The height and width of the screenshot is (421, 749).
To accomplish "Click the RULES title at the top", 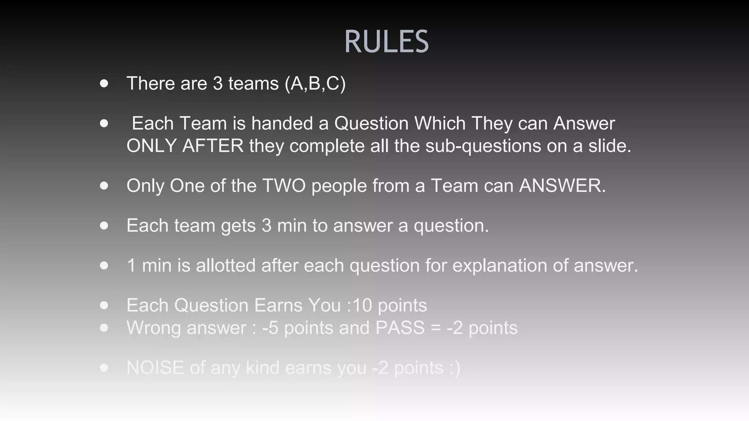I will click(x=386, y=42).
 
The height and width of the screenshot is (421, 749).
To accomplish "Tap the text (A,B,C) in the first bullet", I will click(x=315, y=83).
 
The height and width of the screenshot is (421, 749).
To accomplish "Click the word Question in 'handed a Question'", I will click(x=371, y=123).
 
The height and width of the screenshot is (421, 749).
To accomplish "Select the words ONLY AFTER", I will click(x=185, y=146).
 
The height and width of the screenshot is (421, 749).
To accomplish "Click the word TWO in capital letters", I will click(x=284, y=186).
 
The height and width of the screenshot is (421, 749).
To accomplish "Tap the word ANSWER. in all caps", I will click(x=562, y=186).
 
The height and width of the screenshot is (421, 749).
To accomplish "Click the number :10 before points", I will click(x=359, y=305).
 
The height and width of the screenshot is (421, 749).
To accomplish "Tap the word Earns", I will click(x=278, y=305).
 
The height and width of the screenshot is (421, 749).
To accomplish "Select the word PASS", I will click(x=400, y=328).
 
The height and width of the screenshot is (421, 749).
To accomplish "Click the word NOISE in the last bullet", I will click(x=155, y=368).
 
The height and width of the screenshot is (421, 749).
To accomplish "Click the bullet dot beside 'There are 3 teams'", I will click(x=104, y=83).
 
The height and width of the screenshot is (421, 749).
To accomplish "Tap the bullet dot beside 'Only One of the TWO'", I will click(x=104, y=186).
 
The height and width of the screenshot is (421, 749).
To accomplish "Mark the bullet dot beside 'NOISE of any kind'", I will click(x=104, y=368).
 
